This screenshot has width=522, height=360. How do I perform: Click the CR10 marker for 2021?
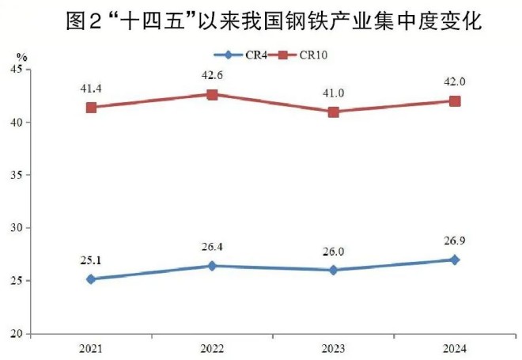point(92,108)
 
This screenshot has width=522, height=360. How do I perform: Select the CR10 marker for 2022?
point(213,94)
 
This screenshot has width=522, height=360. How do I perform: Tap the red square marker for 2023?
point(334,112)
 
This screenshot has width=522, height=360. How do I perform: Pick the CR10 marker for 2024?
point(455,101)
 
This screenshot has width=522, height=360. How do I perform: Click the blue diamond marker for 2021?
point(92,279)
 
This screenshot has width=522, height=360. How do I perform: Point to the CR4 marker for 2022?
point(213,266)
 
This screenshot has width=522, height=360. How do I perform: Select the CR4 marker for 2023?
point(334,270)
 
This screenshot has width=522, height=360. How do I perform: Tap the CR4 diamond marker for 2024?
point(455,260)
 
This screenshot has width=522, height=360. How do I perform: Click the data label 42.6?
point(213,78)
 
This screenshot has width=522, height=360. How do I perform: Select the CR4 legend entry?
point(244,55)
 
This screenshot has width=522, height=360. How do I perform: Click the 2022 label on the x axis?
point(213,349)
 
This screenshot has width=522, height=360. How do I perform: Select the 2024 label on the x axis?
point(455,349)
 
